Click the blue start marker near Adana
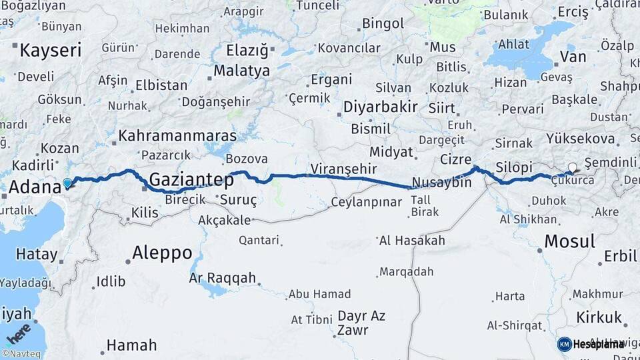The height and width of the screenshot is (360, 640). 67,183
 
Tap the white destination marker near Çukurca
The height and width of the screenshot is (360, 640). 572,168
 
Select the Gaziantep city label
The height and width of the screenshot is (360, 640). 191,180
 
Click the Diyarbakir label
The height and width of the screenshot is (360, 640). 380,107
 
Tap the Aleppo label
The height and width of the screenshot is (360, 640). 162,253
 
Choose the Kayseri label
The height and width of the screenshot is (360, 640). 50,50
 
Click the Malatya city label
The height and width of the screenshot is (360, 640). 241,71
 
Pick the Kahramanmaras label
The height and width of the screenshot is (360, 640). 177,136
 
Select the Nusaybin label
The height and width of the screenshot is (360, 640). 441,183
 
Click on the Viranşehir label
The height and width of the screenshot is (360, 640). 343,169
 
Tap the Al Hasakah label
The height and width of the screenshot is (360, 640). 411,240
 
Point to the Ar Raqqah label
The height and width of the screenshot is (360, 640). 223,278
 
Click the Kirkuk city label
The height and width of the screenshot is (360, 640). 599,317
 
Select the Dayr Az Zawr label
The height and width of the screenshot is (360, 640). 362,323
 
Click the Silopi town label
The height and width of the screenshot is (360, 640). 514,167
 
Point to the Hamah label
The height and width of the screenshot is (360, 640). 132,345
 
